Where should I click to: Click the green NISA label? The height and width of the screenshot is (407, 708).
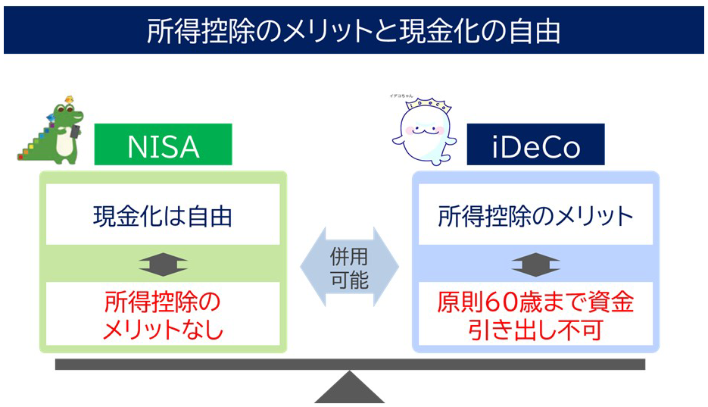pyautogui.click(x=163, y=145)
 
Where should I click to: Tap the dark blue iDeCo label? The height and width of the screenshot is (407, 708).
pyautogui.click(x=535, y=145)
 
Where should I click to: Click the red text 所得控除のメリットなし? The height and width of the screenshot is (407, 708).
pyautogui.click(x=163, y=316)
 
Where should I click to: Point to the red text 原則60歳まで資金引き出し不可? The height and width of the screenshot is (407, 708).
pyautogui.click(x=535, y=316)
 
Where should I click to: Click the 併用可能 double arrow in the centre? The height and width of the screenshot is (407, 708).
pyautogui.click(x=349, y=268)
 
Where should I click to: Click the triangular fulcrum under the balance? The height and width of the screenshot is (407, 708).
pyautogui.click(x=349, y=388)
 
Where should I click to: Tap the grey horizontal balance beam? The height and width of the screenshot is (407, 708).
pyautogui.click(x=349, y=365)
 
